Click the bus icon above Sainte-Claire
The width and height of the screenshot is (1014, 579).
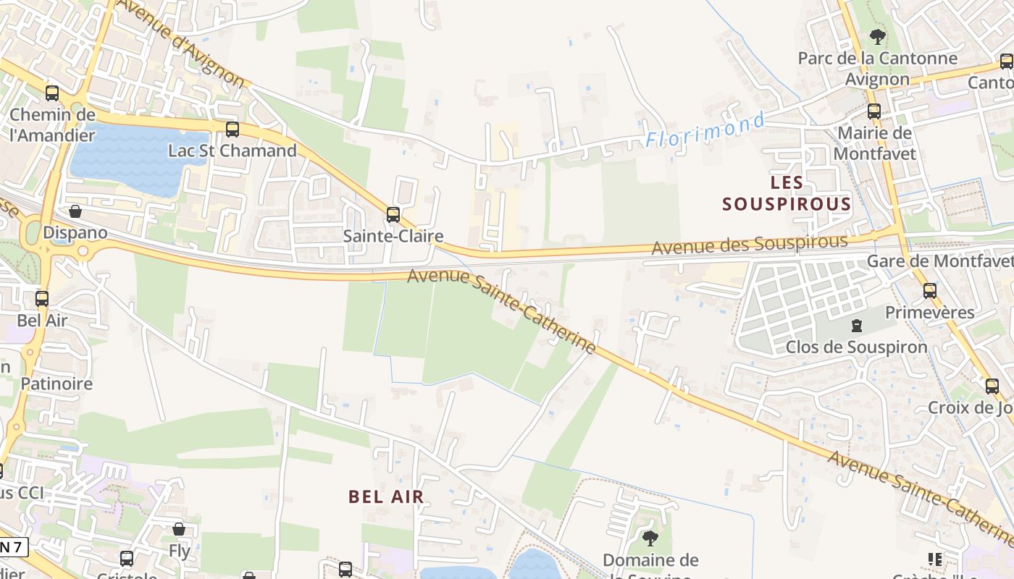[x=393, y=214]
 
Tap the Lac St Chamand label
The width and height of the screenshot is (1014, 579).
[x=232, y=151]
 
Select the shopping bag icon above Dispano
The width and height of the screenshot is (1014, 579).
[x=75, y=211]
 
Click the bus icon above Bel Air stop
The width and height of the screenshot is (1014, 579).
[x=42, y=298]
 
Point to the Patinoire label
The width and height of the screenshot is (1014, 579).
[x=56, y=384]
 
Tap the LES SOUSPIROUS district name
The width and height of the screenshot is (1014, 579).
[x=787, y=193]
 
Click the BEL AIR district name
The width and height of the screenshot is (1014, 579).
[x=386, y=496]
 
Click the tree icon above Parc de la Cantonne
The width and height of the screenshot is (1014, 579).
[x=877, y=36]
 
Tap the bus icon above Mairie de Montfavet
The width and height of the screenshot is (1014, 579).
[x=874, y=111]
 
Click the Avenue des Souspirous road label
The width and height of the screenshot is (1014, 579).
[x=749, y=245]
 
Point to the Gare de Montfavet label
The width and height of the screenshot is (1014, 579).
[x=939, y=261]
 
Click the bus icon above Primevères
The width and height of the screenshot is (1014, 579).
[x=929, y=291]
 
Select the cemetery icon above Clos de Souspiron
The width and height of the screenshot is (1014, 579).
[x=857, y=326]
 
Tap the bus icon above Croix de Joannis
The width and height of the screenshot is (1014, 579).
[x=992, y=386]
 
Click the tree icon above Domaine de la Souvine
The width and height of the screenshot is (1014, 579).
[x=650, y=538]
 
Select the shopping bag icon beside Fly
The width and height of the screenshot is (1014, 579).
[x=179, y=529]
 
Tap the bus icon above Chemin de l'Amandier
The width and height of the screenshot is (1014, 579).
[x=51, y=93]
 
